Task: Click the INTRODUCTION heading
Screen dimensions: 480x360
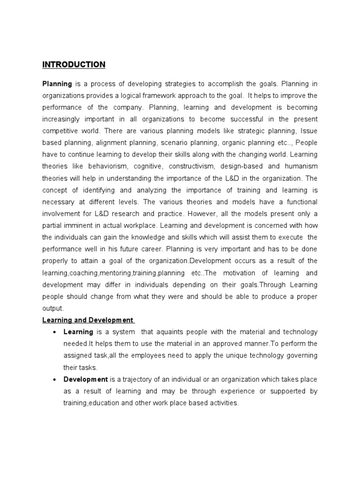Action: coord(74,64)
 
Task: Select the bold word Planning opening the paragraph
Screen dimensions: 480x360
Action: coord(57,84)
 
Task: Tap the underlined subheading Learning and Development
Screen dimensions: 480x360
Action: coord(88,320)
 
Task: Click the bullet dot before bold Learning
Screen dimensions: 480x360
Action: coord(55,332)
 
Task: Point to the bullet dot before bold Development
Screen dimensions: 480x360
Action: coord(55,380)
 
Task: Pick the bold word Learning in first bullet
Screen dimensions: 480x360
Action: coord(78,332)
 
